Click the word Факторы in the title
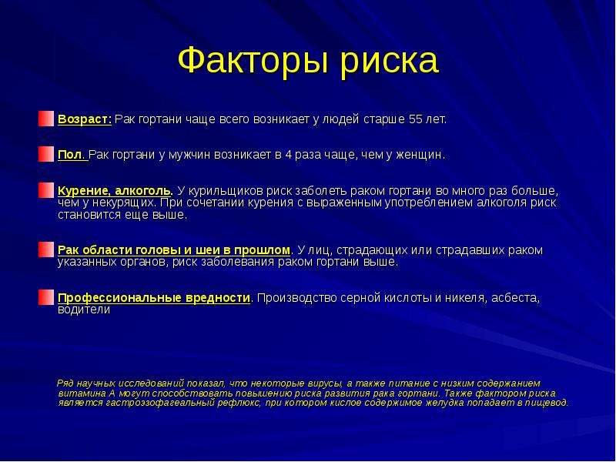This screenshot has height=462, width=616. [x=253, y=61]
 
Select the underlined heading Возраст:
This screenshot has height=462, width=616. [x=85, y=119]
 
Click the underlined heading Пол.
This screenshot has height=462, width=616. [x=72, y=155]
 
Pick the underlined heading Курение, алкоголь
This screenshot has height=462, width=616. [x=115, y=191]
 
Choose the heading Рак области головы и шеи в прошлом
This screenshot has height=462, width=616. [x=174, y=250]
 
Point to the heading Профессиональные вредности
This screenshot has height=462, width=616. [x=153, y=298]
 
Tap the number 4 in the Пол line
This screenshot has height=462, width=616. [x=288, y=155]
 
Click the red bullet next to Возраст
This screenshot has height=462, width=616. [x=46, y=119]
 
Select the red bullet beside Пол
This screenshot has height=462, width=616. [x=46, y=154]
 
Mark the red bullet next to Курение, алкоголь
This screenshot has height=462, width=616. [x=46, y=190]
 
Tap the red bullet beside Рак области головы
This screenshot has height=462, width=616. [x=46, y=249]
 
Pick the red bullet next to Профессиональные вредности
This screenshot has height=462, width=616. [x=46, y=297]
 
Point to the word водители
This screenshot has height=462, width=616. [x=84, y=310]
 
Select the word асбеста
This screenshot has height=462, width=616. [x=515, y=298]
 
